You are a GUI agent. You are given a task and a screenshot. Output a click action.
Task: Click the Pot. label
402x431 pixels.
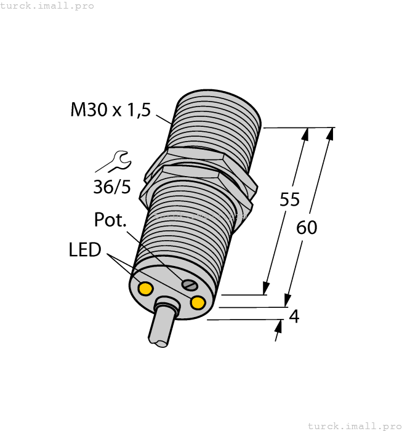click(110, 220)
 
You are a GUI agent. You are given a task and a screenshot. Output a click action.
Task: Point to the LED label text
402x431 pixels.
click(84, 251)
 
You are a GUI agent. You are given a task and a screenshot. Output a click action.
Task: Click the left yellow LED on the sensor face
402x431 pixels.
click(146, 288)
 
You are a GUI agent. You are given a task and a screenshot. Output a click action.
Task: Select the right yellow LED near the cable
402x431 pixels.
click(198, 302)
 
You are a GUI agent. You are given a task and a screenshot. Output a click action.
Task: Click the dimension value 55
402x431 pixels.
click(289, 199)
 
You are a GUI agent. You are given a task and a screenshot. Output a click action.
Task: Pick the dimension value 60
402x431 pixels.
click(307, 228)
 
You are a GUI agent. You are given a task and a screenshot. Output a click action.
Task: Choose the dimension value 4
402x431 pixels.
click(294, 316)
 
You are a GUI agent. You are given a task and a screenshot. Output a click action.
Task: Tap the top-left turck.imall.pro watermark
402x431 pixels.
click(47, 6)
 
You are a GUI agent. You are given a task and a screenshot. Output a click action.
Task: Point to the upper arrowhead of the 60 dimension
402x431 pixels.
click(331, 134)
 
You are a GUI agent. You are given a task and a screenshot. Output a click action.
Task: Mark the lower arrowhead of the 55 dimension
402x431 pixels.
click(267, 288)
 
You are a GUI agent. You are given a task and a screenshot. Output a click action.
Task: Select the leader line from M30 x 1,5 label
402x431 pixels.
click(163, 118)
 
